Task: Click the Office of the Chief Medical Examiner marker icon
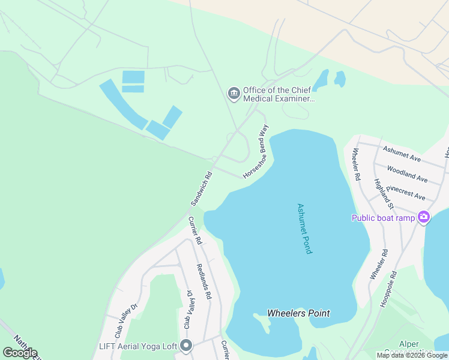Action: click(x=234, y=94)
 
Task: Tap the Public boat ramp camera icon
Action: click(x=424, y=217)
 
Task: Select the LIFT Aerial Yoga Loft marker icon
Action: click(x=186, y=346)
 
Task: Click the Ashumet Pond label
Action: click(x=305, y=228)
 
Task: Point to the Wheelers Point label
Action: click(x=298, y=313)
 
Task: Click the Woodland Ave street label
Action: click(x=407, y=174)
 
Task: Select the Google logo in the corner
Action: click(x=20, y=353)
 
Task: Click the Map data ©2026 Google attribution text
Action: click(x=412, y=355)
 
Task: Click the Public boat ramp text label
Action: click(x=383, y=217)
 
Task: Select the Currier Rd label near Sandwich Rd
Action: click(x=195, y=230)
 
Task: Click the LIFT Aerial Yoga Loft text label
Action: click(x=138, y=346)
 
